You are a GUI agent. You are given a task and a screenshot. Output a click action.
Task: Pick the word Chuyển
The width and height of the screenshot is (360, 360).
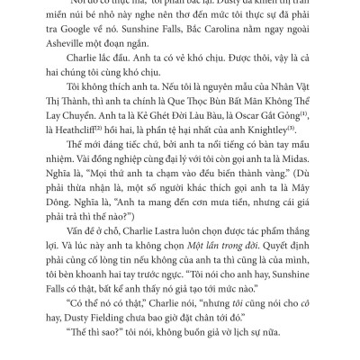click(75, 139)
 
